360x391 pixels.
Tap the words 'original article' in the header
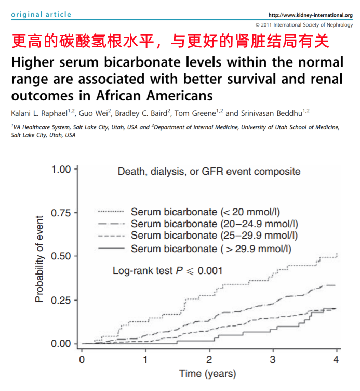click(41, 15)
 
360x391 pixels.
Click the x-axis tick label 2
click(209, 359)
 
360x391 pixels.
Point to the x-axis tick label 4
click(336, 359)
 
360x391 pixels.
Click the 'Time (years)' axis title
click(207, 374)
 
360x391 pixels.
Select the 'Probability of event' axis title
click(39, 256)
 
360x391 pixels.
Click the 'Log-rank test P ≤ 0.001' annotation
click(168, 270)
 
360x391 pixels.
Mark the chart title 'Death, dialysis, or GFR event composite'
click(209, 171)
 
